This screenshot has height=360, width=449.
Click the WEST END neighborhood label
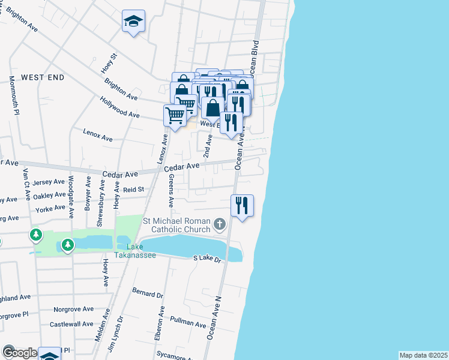pyautogui.click(x=42, y=77)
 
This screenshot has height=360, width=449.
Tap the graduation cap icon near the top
pyautogui.click(x=133, y=22)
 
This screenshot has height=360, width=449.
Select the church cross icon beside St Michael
pyautogui.click(x=220, y=225)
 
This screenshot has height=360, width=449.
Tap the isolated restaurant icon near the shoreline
pyautogui.click(x=242, y=206)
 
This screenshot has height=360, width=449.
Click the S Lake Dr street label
pyautogui.click(x=207, y=259)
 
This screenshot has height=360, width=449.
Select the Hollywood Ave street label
pyautogui.click(x=119, y=107)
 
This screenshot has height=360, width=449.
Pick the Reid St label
pyautogui.click(x=134, y=189)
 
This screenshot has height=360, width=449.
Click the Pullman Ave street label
pyautogui.click(x=188, y=322)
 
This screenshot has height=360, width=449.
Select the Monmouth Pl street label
pyautogui.click(x=14, y=97)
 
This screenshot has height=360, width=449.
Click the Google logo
pyautogui.click(x=20, y=353)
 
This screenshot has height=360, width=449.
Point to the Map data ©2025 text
pyautogui.click(x=423, y=355)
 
